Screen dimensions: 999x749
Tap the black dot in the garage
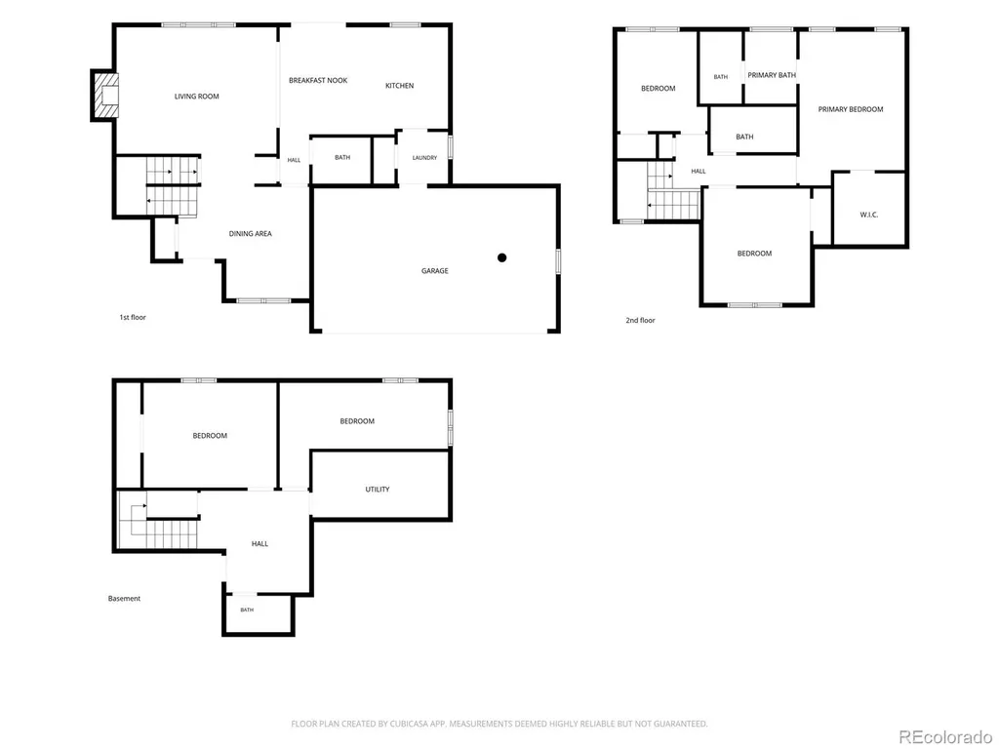click(502, 257)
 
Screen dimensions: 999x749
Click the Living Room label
click(197, 97)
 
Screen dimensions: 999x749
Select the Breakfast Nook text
click(318, 81)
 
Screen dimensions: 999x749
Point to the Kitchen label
click(399, 86)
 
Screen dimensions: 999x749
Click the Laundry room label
click(424, 158)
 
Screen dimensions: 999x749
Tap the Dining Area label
click(251, 234)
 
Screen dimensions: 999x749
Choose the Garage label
click(434, 271)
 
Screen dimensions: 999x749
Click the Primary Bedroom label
click(851, 109)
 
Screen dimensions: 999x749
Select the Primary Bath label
click(772, 75)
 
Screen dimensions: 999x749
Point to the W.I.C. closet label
click(869, 216)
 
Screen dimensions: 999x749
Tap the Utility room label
click(378, 490)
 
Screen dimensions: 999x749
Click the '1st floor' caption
click(133, 317)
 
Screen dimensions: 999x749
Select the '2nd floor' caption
click(640, 320)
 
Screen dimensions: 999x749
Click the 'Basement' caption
click(124, 599)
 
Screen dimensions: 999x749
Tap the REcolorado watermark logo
click(945, 737)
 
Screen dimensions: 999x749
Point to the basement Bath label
click(247, 611)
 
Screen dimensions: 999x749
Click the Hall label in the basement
click(260, 544)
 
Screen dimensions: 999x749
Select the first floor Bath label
click(342, 158)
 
